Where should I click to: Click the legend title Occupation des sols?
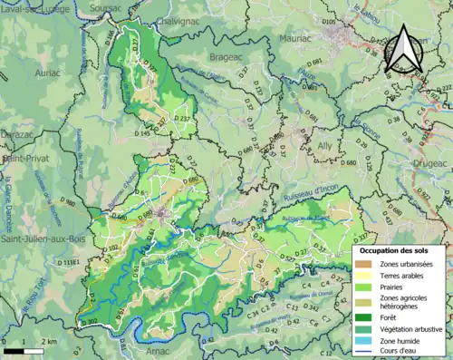[397, 248]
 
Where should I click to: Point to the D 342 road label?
[312, 306]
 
